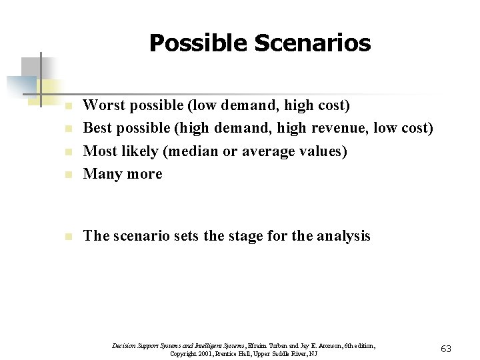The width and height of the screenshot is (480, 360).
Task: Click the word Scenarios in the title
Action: pos(316,43)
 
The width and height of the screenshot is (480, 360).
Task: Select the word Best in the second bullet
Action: pos(97,127)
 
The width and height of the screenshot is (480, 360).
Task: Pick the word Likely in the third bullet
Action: pos(137,151)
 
